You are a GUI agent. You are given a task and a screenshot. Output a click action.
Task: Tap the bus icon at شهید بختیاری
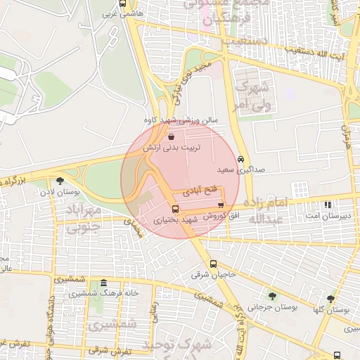click(x=176, y=209)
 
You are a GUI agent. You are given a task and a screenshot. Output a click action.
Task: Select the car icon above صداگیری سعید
click(x=241, y=160)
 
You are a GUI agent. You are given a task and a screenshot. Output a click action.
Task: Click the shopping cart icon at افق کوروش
click(x=221, y=205)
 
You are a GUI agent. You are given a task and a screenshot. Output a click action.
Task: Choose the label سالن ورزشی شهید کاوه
click(x=181, y=120)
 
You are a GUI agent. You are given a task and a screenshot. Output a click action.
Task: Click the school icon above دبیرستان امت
click(x=328, y=205)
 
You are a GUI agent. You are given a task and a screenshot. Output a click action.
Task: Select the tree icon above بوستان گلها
click(x=330, y=299)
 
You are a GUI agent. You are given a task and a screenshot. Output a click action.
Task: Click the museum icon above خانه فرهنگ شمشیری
click(x=103, y=282)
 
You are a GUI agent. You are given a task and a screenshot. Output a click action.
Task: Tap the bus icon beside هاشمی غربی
click(x=124, y=3)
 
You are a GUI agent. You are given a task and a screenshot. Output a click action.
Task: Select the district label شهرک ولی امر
click(x=250, y=97)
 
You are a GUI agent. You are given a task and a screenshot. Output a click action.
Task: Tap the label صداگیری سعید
click(x=233, y=170)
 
